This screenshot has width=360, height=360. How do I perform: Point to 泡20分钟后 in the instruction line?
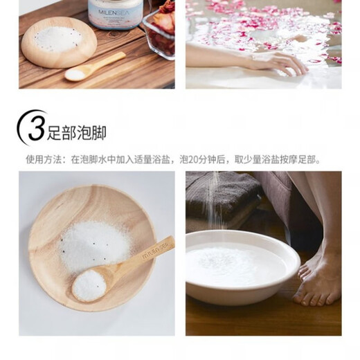[204, 160]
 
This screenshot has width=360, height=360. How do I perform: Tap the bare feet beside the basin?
[318, 277]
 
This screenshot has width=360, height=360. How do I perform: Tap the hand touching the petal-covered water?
[280, 62]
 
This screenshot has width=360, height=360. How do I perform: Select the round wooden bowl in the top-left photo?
[59, 43]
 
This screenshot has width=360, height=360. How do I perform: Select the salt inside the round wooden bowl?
[59, 38]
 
